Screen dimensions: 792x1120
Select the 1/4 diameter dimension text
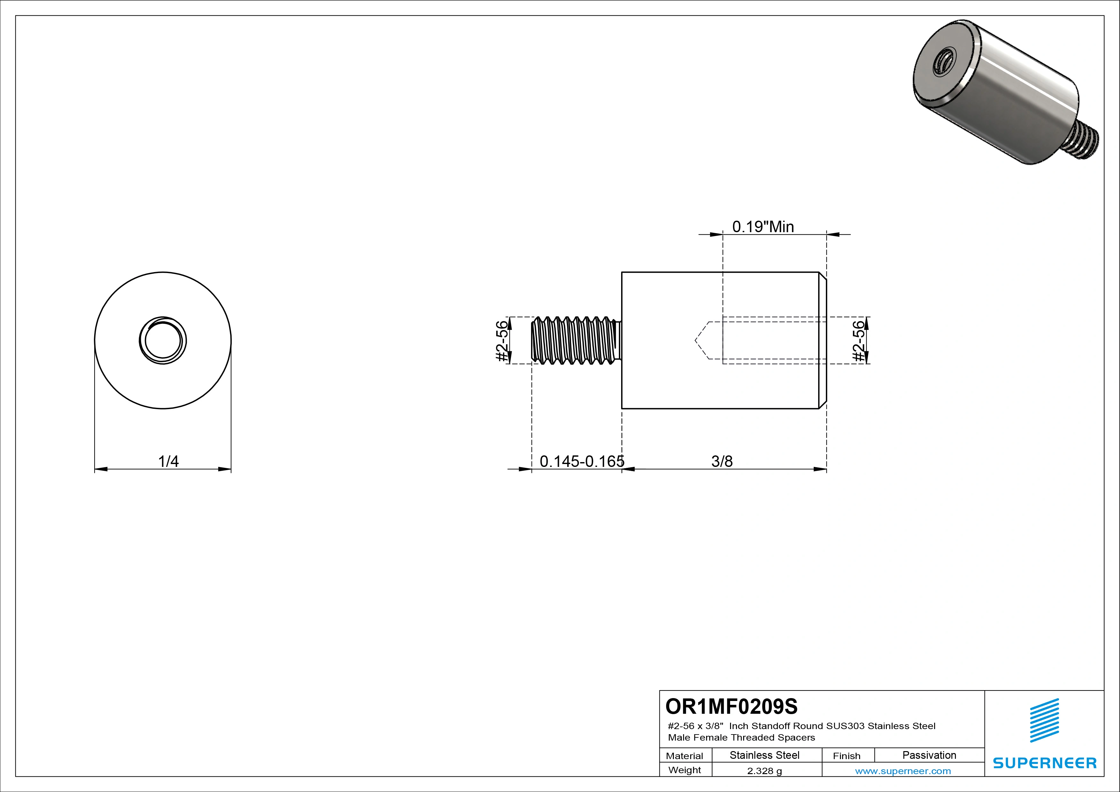click(168, 461)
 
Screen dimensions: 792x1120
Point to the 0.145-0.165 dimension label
click(582, 461)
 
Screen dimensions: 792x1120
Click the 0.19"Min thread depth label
click(763, 227)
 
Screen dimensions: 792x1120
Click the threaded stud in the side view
click(575, 340)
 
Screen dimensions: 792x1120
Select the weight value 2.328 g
click(764, 771)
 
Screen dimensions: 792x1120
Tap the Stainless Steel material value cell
click(764, 755)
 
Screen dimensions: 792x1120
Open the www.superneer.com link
click(903, 771)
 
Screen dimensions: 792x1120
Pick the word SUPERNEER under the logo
click(1044, 763)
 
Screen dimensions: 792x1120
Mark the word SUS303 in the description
click(845, 726)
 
